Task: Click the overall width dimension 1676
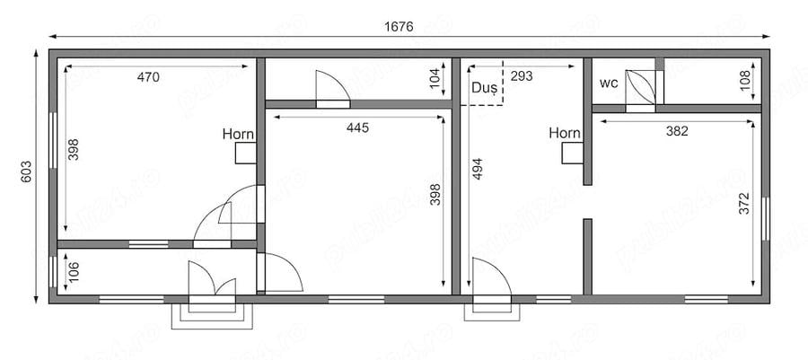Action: [x=399, y=27]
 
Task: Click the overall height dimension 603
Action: [x=27, y=172]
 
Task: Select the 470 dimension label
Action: [x=148, y=78]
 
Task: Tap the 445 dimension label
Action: [x=357, y=127]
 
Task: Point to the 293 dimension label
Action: [x=522, y=76]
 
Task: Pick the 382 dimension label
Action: [x=677, y=131]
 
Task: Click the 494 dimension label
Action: [x=478, y=169]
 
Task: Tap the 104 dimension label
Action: [x=436, y=78]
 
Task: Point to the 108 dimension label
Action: [x=746, y=80]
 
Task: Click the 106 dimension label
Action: [x=75, y=272]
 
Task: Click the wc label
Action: [x=609, y=83]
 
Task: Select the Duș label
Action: [x=485, y=87]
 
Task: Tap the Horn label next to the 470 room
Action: [x=238, y=135]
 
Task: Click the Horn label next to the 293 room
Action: [x=565, y=134]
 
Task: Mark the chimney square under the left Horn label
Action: [x=246, y=154]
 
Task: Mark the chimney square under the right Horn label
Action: [x=573, y=154]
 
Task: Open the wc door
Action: [x=641, y=89]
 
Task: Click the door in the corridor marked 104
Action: [x=333, y=89]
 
